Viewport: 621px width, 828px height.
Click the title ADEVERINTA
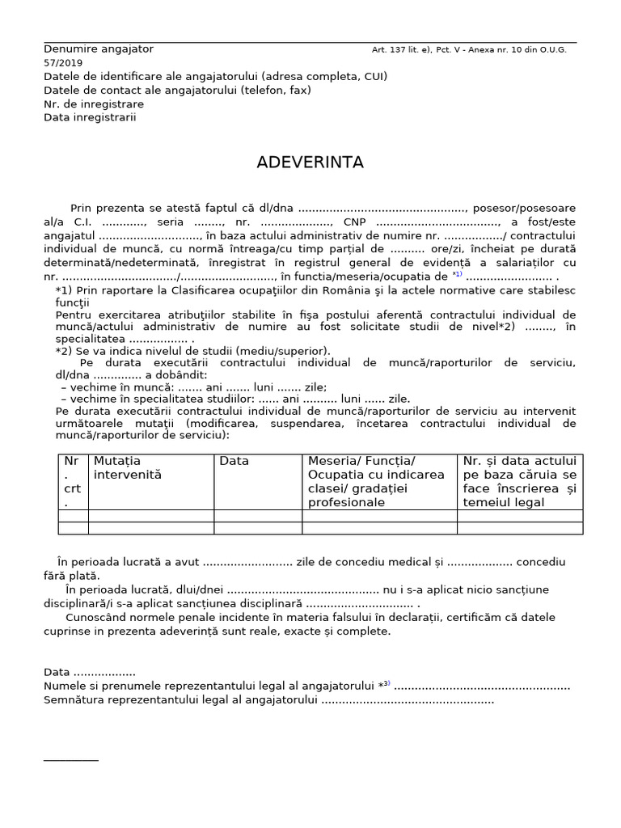(310, 163)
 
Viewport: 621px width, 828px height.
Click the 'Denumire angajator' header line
(98, 49)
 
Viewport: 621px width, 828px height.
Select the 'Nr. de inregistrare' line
(94, 103)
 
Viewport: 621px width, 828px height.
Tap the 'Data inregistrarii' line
(90, 117)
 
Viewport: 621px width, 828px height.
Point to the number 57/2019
(63, 63)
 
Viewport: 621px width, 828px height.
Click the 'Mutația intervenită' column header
(128, 467)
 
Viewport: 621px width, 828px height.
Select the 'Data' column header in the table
(234, 461)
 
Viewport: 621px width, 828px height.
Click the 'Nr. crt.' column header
(73, 481)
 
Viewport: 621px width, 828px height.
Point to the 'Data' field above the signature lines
(89, 672)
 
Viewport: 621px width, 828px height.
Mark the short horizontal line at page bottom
(70, 760)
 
